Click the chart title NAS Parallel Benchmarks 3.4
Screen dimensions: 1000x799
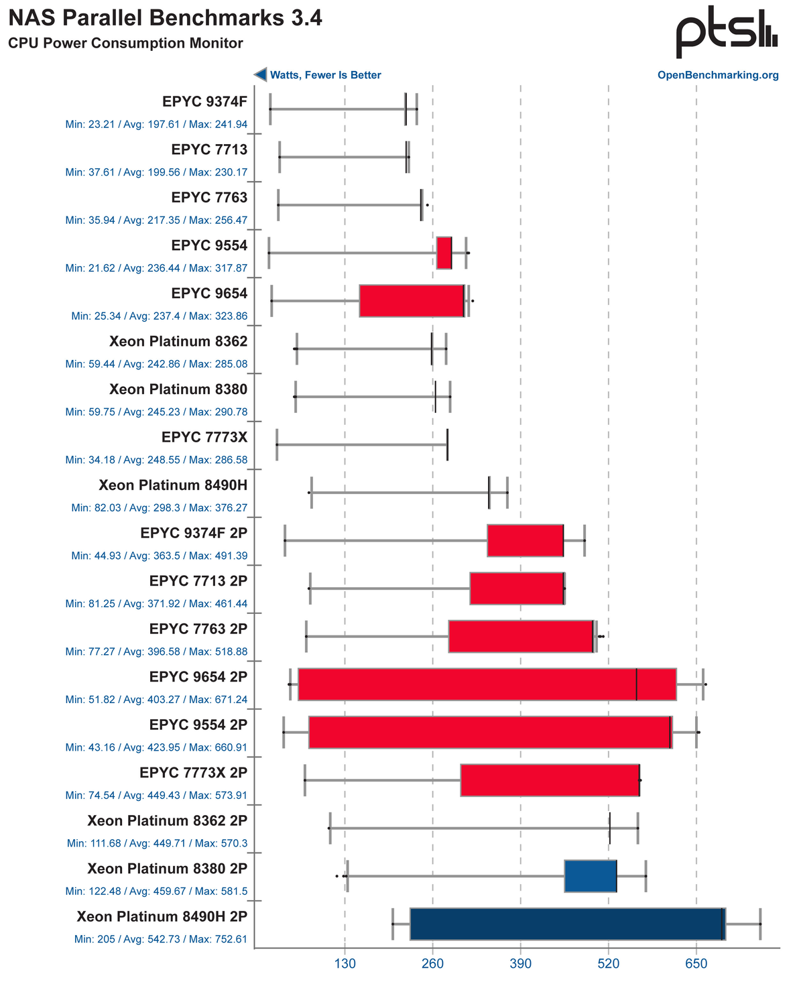(x=165, y=18)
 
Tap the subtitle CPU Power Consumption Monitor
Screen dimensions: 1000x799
(x=125, y=44)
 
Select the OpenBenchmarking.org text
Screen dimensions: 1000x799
(x=718, y=75)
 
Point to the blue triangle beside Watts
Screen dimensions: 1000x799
(x=260, y=74)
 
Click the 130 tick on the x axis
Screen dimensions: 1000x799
(x=345, y=964)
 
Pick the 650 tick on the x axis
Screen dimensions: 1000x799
(x=696, y=964)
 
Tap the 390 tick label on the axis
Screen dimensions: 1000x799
(x=520, y=964)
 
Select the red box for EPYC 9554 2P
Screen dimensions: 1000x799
(x=490, y=732)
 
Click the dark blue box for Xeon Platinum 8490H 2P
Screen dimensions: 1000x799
(x=567, y=924)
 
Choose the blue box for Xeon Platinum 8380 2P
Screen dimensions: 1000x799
(x=591, y=875)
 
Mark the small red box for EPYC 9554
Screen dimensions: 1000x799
(x=444, y=253)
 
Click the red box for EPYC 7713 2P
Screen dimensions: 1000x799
(x=517, y=588)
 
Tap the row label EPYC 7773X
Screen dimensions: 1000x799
(x=204, y=438)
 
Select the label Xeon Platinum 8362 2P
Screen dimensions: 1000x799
(x=168, y=821)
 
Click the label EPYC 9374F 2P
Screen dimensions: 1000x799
(x=194, y=534)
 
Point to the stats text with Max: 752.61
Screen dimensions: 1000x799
(x=161, y=939)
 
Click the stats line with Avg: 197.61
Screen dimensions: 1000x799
(x=156, y=125)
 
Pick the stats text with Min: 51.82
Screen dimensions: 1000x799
(x=156, y=700)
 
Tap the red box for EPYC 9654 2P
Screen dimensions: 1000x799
(x=487, y=684)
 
